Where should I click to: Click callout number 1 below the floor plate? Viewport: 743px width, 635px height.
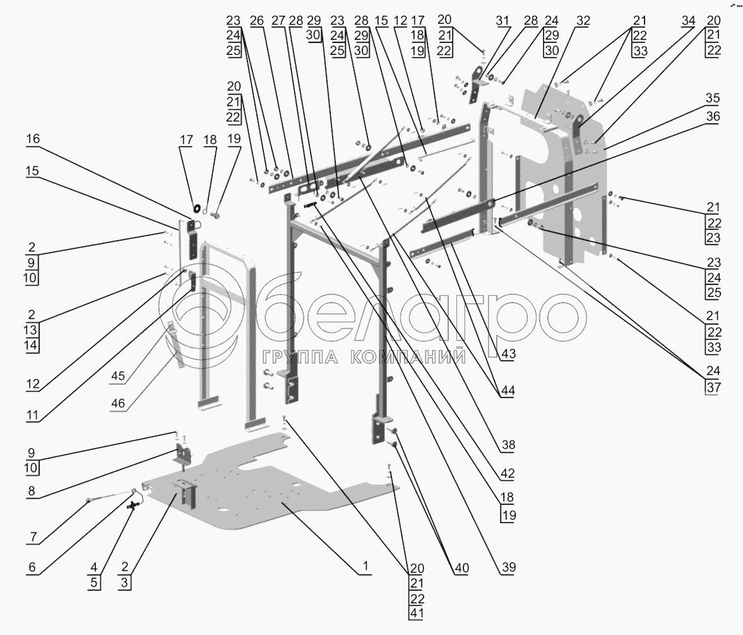click(x=366, y=566)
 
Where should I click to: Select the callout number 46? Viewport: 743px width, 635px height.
click(x=117, y=403)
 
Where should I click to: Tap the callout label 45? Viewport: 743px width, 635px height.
click(x=117, y=377)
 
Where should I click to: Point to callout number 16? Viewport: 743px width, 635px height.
click(x=33, y=139)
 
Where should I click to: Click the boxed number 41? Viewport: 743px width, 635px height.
click(x=417, y=613)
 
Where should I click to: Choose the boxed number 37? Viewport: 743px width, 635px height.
click(x=713, y=387)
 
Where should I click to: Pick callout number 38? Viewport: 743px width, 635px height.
click(x=508, y=445)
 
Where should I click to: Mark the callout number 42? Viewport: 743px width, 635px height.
click(x=508, y=474)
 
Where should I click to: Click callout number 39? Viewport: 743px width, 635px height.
click(x=508, y=567)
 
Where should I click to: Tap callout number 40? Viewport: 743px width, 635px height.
click(x=461, y=568)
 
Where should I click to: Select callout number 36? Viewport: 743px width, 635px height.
click(x=713, y=117)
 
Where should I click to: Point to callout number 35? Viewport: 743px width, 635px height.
click(x=713, y=98)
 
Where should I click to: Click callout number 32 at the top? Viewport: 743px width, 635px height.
click(x=583, y=21)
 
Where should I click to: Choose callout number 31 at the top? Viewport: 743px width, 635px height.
click(x=502, y=21)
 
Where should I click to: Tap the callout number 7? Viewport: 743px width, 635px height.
click(x=33, y=537)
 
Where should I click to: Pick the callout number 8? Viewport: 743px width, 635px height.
click(x=32, y=491)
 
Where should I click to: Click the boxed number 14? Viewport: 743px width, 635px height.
click(x=31, y=345)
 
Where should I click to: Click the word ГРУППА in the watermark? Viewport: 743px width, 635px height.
click(x=299, y=357)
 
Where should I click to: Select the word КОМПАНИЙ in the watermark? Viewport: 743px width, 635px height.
click(x=408, y=357)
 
